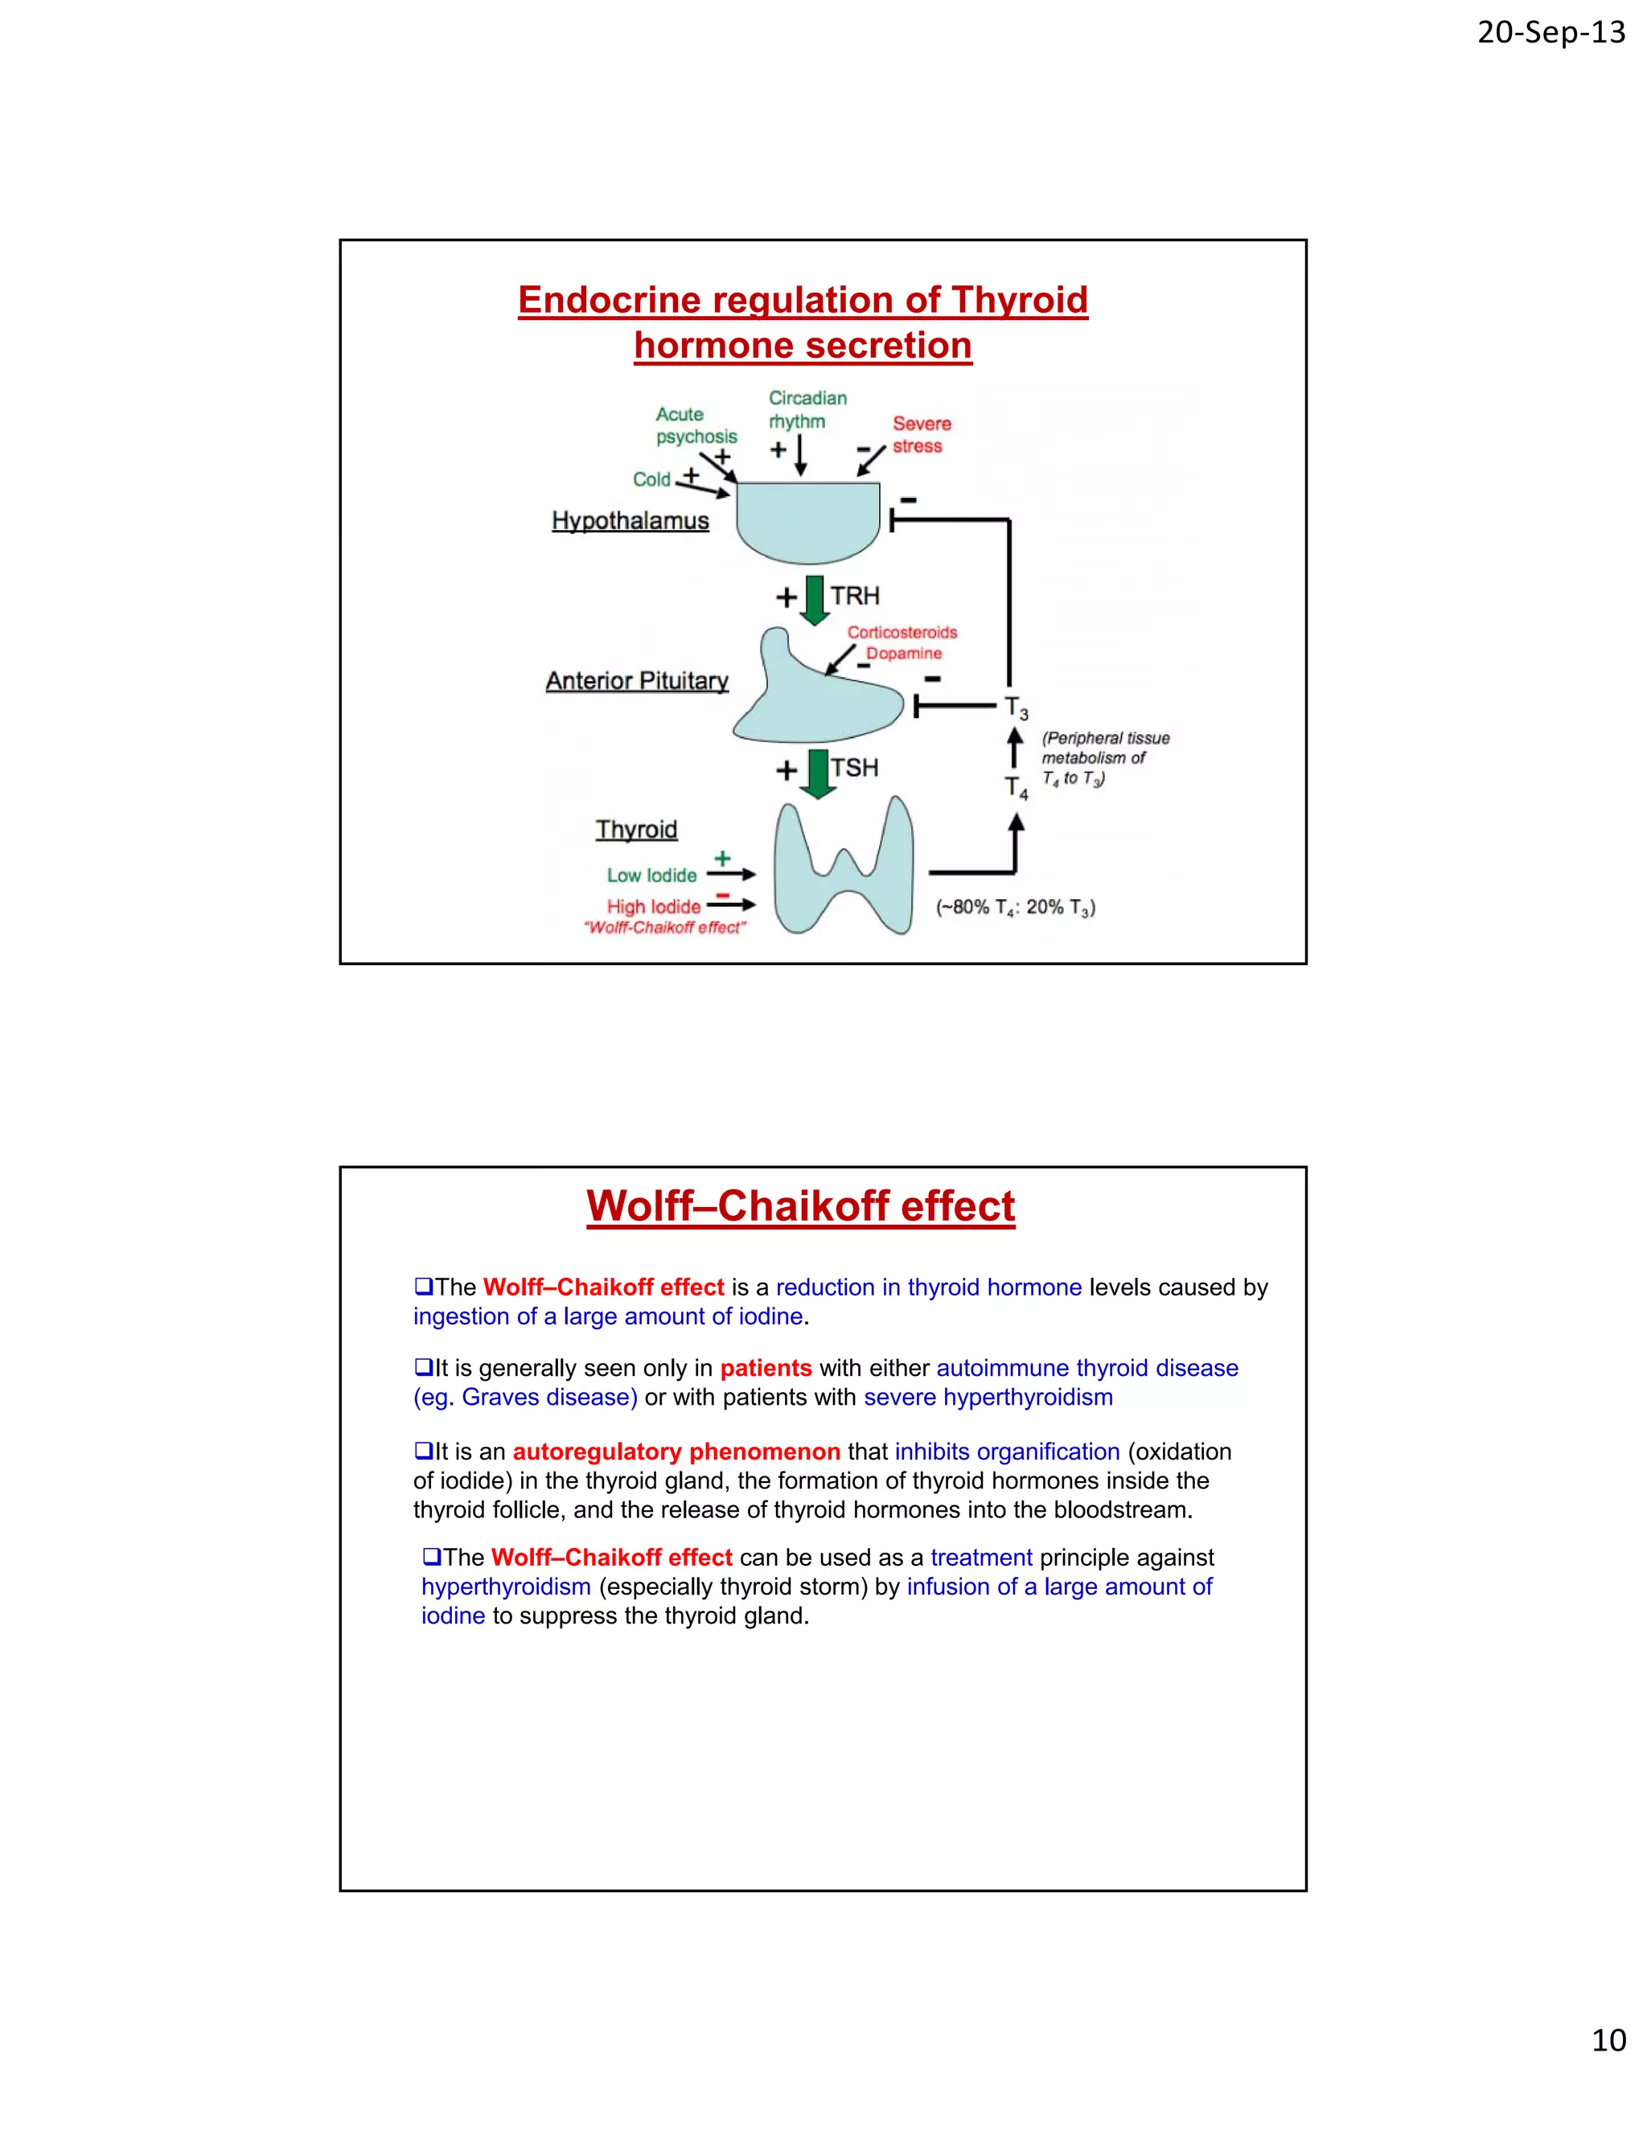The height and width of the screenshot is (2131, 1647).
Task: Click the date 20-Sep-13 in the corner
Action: coord(1550,33)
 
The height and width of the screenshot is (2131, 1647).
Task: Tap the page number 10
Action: coord(1608,2039)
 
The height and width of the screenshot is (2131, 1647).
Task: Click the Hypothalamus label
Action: coord(630,521)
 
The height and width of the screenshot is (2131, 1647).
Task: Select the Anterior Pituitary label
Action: coord(637,681)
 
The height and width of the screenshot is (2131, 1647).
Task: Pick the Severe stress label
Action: coord(920,435)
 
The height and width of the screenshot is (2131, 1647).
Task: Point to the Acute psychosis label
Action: coord(695,425)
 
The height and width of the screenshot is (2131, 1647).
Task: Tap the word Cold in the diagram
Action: coord(651,480)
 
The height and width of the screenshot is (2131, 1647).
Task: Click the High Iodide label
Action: coord(654,907)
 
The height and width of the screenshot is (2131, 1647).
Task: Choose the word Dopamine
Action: coord(905,654)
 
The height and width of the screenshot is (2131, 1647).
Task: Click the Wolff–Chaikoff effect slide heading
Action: coord(800,1207)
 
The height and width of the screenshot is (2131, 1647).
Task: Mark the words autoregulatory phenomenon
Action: coord(676,1451)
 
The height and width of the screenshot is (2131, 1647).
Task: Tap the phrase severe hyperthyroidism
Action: coord(988,1398)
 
